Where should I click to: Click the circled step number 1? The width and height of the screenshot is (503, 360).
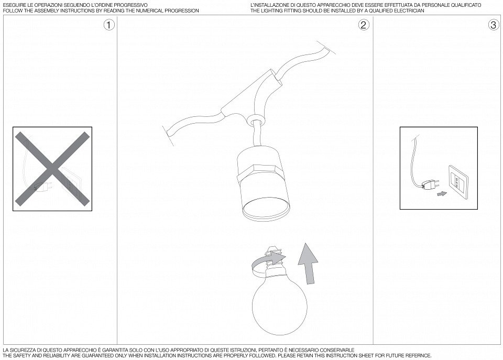pyautogui.click(x=109, y=25)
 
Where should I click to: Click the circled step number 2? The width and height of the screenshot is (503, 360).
pyautogui.click(x=364, y=25)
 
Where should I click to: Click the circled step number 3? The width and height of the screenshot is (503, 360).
pyautogui.click(x=494, y=25)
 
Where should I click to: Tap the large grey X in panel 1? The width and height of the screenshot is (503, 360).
pyautogui.click(x=52, y=169)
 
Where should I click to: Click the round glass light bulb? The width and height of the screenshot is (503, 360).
pyautogui.click(x=279, y=307)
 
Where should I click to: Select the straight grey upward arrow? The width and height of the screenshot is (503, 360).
pyautogui.click(x=308, y=264)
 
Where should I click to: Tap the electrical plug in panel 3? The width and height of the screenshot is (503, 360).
pyautogui.click(x=429, y=186)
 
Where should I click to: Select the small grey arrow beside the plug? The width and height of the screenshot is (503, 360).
pyautogui.click(x=442, y=194)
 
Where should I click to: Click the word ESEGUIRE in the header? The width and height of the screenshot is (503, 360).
pyautogui.click(x=13, y=5)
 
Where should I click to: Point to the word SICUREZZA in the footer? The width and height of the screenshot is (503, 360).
pyautogui.click(x=22, y=350)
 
